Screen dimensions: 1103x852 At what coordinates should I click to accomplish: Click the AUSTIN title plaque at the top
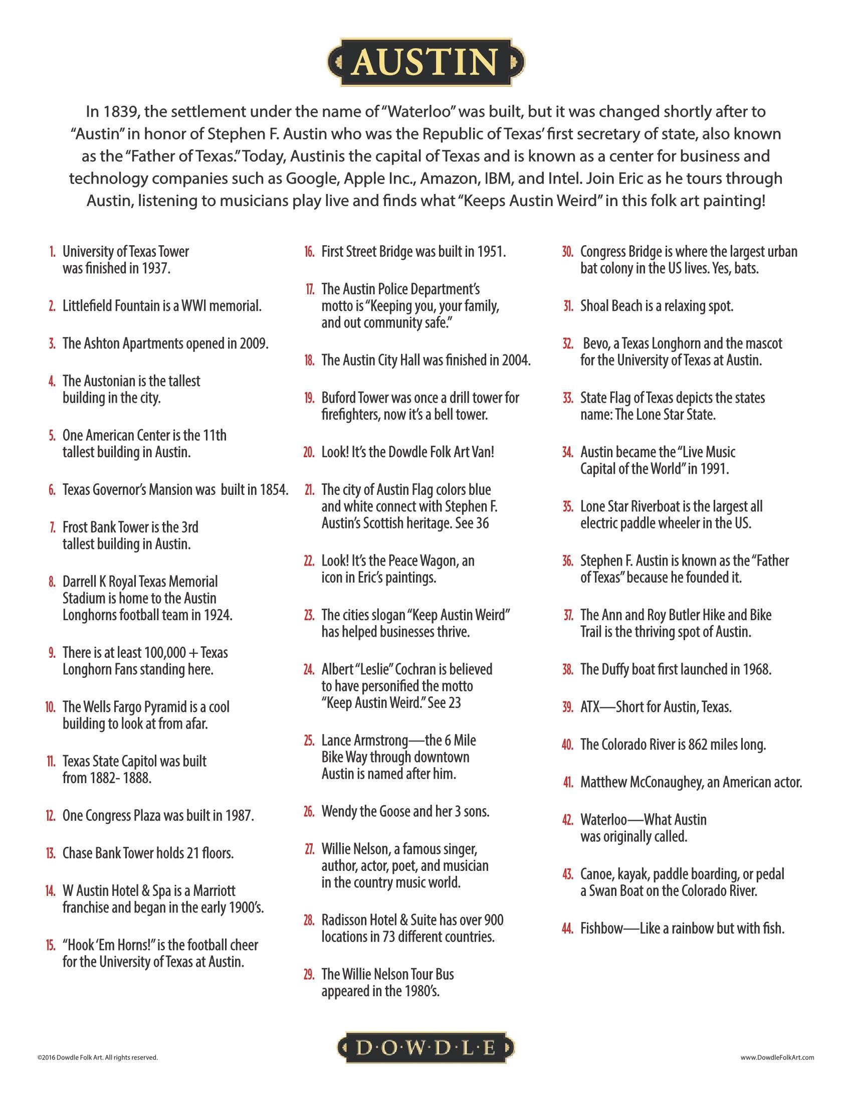tap(425, 62)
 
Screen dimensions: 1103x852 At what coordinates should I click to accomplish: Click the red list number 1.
tap(52, 252)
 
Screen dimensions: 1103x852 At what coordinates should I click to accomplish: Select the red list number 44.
tap(568, 928)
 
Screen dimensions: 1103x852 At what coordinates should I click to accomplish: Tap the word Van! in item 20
tap(483, 452)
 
